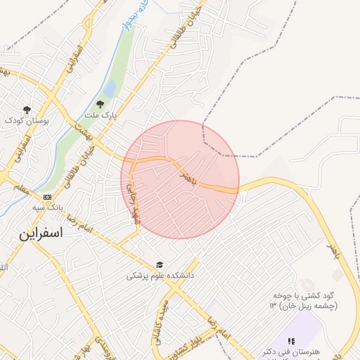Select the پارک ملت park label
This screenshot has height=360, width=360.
click(x=100, y=115)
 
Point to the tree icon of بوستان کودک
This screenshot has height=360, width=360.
click(x=27, y=110)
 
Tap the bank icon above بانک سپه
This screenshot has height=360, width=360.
click(x=47, y=197)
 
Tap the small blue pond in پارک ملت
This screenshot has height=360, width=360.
click(x=110, y=89)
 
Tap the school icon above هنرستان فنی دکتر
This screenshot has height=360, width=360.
click(x=291, y=341)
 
